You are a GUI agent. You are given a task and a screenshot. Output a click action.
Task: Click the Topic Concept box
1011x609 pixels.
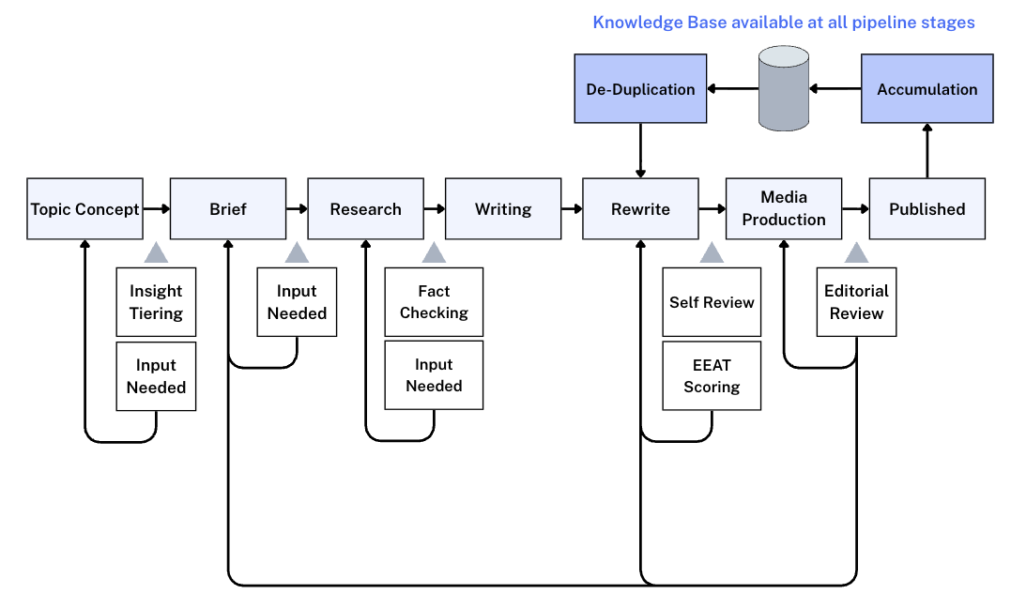[85, 209]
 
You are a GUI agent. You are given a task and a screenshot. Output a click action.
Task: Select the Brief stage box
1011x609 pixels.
[228, 209]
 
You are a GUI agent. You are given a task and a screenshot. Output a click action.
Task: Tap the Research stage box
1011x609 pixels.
[365, 209]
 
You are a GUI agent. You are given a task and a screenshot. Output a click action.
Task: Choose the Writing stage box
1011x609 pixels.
[503, 209]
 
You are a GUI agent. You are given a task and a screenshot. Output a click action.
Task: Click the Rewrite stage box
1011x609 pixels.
[640, 209]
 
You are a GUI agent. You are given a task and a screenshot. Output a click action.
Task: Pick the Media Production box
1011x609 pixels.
[784, 208]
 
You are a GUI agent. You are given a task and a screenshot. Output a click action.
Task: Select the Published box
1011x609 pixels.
[927, 209]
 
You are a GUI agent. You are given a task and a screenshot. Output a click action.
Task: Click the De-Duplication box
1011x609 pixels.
[640, 89]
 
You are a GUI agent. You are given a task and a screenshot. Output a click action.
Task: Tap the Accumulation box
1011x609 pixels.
[927, 89]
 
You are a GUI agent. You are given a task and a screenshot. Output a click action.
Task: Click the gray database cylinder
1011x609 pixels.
[784, 89]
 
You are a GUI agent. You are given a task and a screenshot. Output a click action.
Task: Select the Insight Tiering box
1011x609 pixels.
[156, 302]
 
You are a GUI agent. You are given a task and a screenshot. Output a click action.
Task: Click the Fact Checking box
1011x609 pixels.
[434, 302]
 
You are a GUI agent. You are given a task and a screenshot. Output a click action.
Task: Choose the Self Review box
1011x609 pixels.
[712, 302]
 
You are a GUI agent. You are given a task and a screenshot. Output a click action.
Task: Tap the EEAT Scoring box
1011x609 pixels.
[712, 376]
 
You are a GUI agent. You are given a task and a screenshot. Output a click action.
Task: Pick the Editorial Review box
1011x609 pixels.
[856, 302]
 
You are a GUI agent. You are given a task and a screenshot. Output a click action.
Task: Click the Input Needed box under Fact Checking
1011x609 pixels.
[434, 375]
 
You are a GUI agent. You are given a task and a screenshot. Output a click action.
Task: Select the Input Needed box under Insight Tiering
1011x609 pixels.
[156, 376]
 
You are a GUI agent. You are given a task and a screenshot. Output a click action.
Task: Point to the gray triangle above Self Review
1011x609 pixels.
[712, 253]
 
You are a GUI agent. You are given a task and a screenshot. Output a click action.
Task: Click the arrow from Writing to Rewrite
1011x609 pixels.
[572, 209]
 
